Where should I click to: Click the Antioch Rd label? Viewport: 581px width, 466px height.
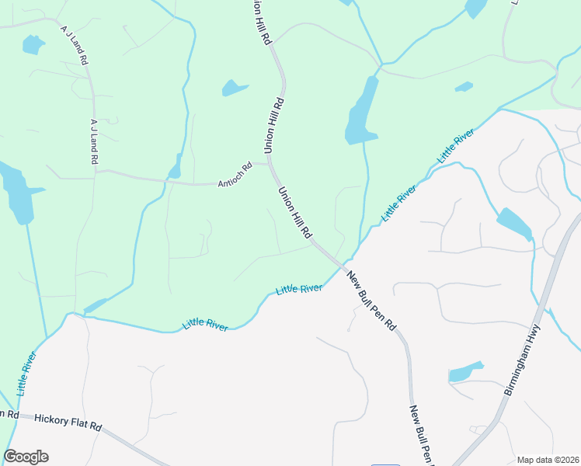[x=235, y=175]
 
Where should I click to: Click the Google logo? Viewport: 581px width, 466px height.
[x=26, y=457]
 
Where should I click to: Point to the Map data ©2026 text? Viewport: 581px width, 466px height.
[x=548, y=460]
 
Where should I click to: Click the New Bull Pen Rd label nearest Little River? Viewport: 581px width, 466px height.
[x=371, y=301]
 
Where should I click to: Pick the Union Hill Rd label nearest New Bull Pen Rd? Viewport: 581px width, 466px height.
[x=295, y=212]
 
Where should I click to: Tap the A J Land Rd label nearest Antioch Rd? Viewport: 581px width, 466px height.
[x=93, y=141]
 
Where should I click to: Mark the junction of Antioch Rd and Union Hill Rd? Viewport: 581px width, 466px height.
[x=269, y=163]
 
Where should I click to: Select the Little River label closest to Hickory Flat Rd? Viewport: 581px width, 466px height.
[x=26, y=373]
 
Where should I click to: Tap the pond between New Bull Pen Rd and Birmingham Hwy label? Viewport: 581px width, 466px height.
[x=465, y=373]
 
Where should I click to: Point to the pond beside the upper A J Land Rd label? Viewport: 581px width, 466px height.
[x=33, y=45]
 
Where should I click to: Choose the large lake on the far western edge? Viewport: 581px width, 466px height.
[x=16, y=190]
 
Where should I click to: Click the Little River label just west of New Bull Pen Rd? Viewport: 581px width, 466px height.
[x=299, y=289]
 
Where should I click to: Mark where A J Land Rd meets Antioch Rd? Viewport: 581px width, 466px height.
[x=95, y=170]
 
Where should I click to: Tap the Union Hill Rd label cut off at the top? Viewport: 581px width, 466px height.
[x=261, y=22]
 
